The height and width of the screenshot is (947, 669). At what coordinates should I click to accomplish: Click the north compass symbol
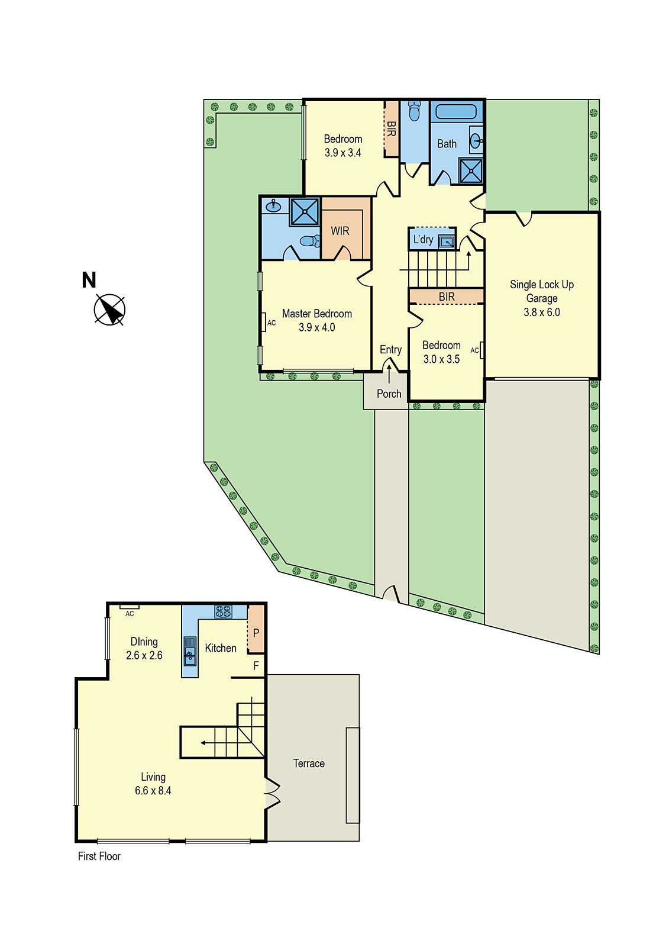(x=109, y=309)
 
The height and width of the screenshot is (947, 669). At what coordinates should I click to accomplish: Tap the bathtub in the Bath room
(x=455, y=112)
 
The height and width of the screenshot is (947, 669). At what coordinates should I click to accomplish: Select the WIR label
(x=340, y=231)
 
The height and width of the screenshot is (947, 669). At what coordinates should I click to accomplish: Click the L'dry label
(x=424, y=240)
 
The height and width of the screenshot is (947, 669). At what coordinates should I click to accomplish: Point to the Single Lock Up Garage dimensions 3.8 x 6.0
(x=542, y=313)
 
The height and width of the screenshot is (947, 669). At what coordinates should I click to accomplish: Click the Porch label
(x=389, y=394)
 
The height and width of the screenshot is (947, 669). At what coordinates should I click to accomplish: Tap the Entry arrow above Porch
(x=389, y=373)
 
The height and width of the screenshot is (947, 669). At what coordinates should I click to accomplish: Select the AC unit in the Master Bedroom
(x=263, y=323)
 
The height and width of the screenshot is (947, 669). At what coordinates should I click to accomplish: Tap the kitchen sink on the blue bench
(x=190, y=650)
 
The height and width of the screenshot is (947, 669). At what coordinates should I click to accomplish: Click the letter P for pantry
(x=256, y=633)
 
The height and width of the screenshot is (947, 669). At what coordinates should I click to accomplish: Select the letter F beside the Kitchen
(x=256, y=666)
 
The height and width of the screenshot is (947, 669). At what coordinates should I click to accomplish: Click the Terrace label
(x=309, y=764)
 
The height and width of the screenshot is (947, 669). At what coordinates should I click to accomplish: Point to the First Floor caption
(x=99, y=856)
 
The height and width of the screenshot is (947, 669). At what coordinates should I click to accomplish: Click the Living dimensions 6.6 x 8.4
(x=153, y=791)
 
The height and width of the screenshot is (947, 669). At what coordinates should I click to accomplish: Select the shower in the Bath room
(x=471, y=171)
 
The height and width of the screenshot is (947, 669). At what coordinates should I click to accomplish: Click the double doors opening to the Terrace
(x=272, y=793)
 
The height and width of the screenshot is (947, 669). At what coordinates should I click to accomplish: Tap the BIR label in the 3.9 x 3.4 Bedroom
(x=391, y=129)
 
